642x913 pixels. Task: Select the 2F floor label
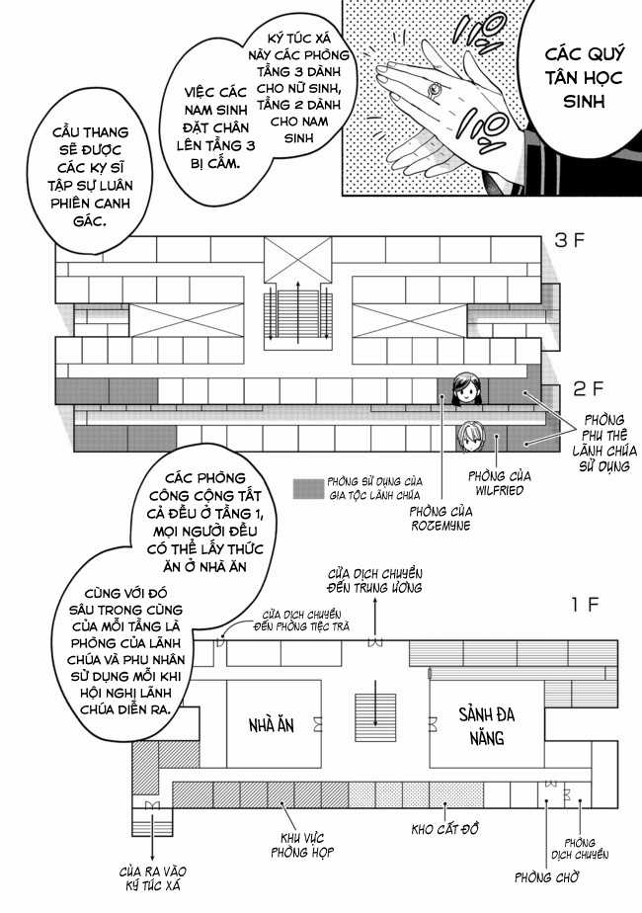click(x=574, y=388)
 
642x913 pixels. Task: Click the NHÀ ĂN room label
click(x=271, y=725)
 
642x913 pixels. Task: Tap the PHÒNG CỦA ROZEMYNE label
click(x=441, y=519)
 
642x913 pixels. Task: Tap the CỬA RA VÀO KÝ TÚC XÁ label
click(x=153, y=877)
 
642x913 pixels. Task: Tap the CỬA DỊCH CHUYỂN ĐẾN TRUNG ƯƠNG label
click(x=375, y=580)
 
